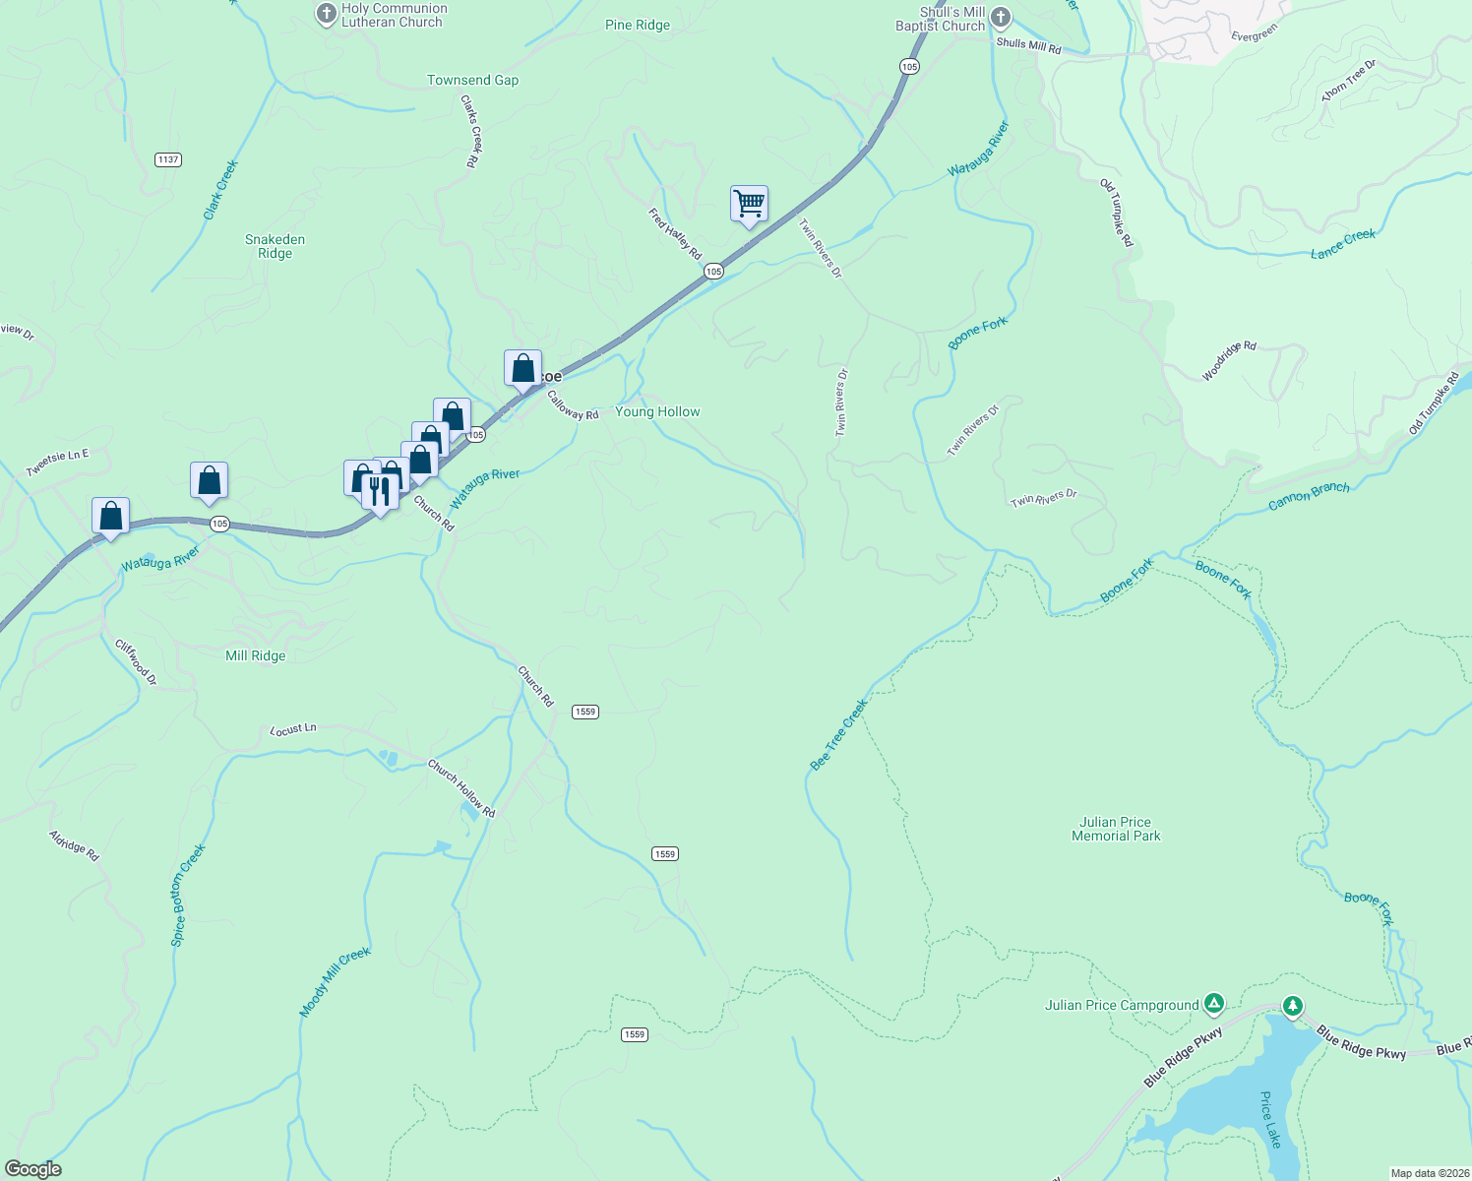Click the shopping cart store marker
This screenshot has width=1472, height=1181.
749,204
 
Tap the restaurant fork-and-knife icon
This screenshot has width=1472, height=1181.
380,489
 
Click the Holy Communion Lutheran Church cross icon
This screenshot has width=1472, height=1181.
326,15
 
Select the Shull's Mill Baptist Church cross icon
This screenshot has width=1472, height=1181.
1001,17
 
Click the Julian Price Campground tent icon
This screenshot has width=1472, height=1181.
1214,1004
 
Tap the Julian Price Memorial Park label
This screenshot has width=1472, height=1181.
1116,829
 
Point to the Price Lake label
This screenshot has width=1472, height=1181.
1270,1119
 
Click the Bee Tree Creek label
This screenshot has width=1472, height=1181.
838,735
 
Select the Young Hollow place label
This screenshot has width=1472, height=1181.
657,411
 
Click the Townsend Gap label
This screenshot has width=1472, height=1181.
472,80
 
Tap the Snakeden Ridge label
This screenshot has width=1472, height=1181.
275,246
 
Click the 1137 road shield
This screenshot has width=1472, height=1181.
168,159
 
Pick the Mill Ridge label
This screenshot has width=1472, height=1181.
255,655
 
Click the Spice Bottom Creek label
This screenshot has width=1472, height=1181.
187,895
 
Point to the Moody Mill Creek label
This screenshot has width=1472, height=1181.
335,981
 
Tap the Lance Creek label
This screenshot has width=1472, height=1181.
1342,244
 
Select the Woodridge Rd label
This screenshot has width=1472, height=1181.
1229,361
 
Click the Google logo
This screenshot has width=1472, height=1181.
33,1168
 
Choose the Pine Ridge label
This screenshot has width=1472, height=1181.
638,25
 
